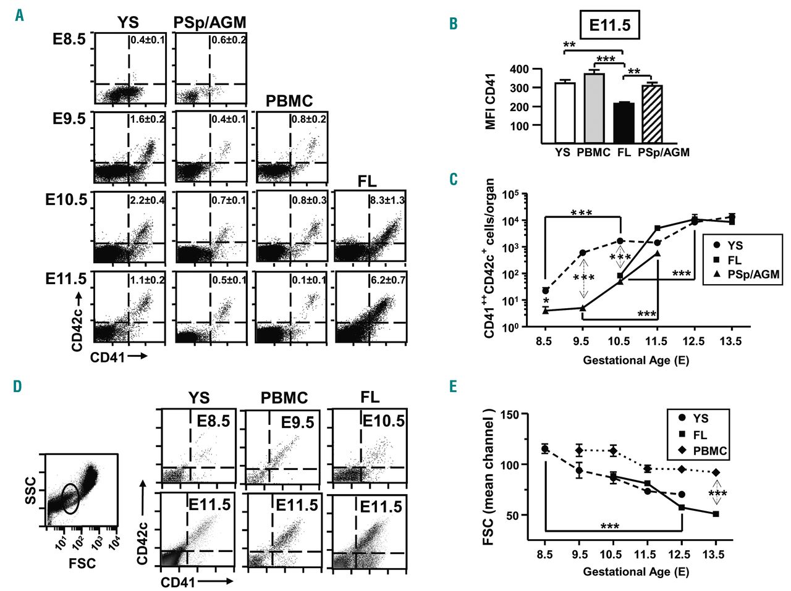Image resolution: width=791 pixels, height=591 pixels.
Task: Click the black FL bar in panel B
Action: coord(624,123)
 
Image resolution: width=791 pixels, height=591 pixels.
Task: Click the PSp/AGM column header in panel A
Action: coord(210,23)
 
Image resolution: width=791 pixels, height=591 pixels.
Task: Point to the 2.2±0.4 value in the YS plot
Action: coord(147,201)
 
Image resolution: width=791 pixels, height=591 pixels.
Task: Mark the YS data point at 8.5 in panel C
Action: coord(546,291)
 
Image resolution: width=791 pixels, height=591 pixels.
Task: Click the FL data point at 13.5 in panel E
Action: coord(716,514)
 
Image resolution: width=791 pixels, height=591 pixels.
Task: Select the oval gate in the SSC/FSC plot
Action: coord(71,498)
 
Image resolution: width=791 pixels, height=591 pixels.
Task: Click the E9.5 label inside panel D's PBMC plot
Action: coord(297,423)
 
